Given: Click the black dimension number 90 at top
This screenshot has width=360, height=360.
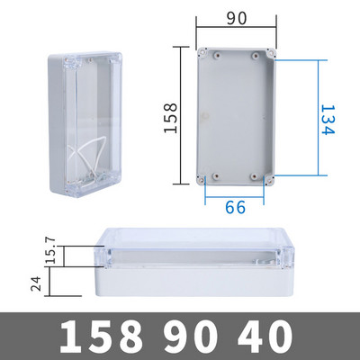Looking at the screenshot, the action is [237, 18].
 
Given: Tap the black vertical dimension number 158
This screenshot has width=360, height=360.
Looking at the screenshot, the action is [171, 118].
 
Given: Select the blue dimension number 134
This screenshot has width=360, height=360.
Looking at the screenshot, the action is [327, 120].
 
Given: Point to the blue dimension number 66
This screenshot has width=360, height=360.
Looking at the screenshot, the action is [235, 207].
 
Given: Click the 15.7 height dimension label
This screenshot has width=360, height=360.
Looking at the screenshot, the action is [50, 250].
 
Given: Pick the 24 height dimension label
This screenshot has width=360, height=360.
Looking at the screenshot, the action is [36, 283].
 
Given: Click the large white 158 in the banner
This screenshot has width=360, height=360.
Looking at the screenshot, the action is [102, 337].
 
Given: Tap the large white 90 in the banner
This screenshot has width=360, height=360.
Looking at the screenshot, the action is [191, 337].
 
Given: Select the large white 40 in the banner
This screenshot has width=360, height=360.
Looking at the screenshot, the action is [265, 337].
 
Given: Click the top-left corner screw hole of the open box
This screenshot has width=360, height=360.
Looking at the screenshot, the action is [201, 52].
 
